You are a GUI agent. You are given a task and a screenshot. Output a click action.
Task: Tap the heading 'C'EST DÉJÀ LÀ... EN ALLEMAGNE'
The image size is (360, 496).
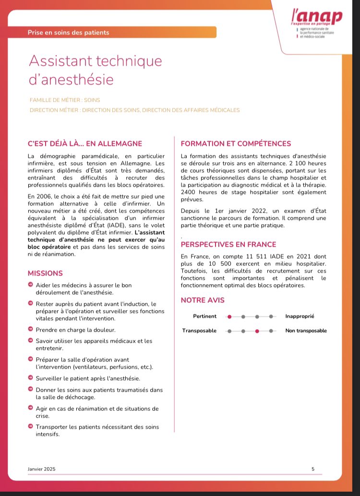85,144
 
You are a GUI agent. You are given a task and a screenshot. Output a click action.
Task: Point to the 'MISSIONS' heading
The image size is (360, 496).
45,273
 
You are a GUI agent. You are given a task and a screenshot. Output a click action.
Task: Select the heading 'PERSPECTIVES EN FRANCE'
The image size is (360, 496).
228,244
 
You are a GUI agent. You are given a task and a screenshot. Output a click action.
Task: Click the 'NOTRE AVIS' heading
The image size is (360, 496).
202,301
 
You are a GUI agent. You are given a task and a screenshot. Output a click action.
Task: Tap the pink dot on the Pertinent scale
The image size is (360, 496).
229,316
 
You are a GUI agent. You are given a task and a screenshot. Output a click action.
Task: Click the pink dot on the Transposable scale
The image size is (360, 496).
257,331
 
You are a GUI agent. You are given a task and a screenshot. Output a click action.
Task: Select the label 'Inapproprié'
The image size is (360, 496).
300,316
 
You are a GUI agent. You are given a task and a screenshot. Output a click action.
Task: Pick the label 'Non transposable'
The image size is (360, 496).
306,331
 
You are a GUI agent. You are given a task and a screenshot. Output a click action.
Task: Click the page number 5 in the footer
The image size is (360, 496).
313,469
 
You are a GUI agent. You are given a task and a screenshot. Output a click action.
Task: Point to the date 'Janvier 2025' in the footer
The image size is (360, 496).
42,469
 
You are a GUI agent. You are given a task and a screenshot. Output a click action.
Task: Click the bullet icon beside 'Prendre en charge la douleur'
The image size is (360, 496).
31,329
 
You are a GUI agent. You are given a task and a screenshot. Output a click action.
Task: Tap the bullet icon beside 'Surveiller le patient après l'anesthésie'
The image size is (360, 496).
31,377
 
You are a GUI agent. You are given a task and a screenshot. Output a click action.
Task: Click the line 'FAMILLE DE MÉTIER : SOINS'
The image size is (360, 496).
65,100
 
